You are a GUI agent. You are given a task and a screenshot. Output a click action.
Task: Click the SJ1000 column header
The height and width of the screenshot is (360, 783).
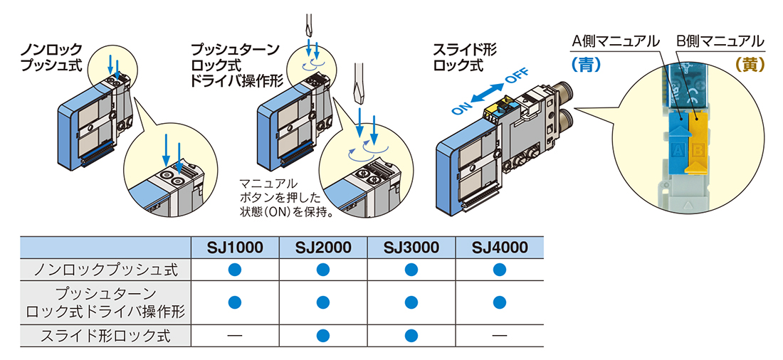click(x=235, y=247)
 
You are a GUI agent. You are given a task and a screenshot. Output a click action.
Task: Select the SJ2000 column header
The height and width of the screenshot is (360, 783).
click(x=323, y=247)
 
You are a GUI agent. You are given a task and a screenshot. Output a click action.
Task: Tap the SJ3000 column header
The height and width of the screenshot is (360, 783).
click(x=411, y=247)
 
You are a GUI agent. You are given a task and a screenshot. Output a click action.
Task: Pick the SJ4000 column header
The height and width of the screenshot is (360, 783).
click(x=499, y=247)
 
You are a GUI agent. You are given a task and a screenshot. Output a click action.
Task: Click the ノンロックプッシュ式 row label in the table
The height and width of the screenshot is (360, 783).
click(x=105, y=270)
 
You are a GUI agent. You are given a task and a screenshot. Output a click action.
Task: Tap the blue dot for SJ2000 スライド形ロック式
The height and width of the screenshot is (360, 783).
click(x=323, y=335)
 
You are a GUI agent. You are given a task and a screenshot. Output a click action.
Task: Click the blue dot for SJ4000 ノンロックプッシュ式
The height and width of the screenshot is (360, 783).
click(x=499, y=270)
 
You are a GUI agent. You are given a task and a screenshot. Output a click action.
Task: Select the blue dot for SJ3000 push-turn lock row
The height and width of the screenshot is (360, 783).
click(x=411, y=302)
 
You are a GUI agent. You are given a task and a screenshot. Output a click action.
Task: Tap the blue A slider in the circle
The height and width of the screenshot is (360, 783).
click(x=678, y=143)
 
